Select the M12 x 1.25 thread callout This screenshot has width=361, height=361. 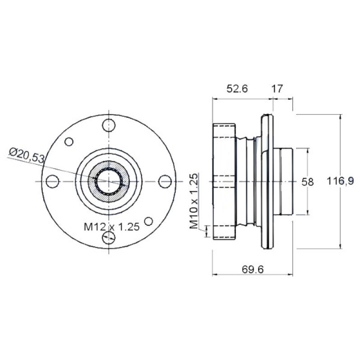click(111, 227)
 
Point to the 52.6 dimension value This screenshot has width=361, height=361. click(237, 89)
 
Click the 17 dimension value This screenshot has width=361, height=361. click(277, 89)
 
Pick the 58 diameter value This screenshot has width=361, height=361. click(307, 182)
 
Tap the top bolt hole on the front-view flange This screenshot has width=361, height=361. click(109, 125)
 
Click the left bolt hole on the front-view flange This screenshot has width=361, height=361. click(53, 181)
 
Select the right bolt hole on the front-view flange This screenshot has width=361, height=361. click(166, 181)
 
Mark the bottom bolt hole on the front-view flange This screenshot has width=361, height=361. click(109, 238)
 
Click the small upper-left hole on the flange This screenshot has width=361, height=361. click(69, 142)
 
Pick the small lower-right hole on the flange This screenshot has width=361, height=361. click(148, 221)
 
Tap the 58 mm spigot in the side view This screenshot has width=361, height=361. click(286, 181)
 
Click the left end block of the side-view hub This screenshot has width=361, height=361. click(223, 181)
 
